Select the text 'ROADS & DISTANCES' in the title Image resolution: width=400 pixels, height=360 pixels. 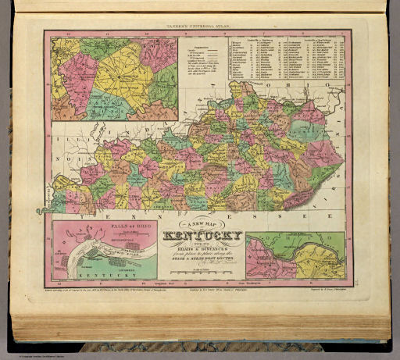coord(200,248)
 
